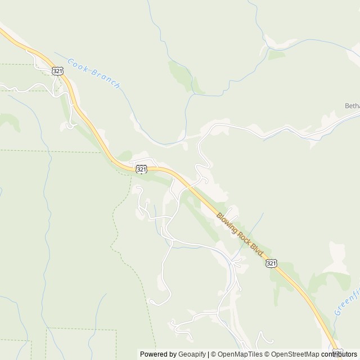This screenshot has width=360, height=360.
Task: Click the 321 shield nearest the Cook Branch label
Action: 57,70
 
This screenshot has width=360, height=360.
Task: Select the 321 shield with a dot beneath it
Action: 142,168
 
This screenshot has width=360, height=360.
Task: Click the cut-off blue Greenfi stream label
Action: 343,301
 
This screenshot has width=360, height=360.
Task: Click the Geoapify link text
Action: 191,354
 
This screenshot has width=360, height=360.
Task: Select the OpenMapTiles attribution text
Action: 240,354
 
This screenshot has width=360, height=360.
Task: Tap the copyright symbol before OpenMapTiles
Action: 214,354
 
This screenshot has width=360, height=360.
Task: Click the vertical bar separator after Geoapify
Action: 209,354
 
